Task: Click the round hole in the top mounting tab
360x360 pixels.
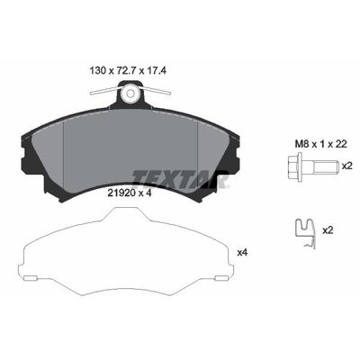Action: [131, 93]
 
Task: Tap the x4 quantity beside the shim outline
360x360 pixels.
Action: [242, 253]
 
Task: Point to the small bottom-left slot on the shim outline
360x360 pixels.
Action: [32, 271]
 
